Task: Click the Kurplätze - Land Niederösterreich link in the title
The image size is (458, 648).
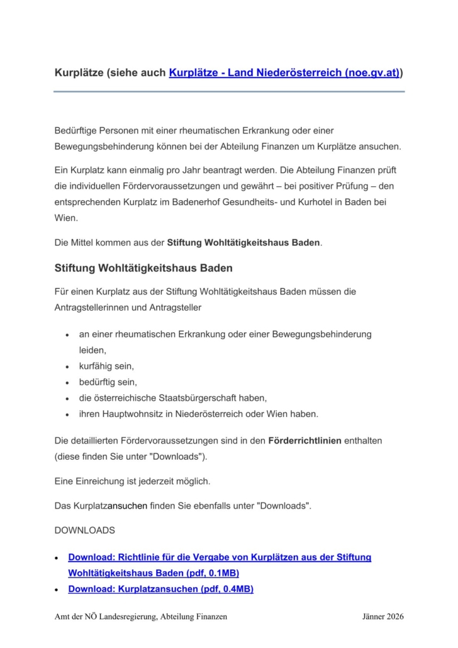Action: pos(284,73)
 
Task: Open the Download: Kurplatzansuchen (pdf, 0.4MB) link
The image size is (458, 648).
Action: pos(160,589)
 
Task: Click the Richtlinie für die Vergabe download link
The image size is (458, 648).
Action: pos(220,557)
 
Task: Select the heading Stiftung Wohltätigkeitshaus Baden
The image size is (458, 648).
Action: pos(144,268)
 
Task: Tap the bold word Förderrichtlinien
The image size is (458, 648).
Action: pos(304,440)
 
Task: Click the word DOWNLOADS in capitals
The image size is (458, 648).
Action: pos(85,530)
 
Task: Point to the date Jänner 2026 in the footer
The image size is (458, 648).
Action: pos(383,617)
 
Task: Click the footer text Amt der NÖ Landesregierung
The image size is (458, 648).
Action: pos(110,617)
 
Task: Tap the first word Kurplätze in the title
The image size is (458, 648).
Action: pos(79,73)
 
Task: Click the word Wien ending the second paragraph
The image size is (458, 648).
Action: pos(66,217)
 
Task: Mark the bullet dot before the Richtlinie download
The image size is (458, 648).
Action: pos(57,558)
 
